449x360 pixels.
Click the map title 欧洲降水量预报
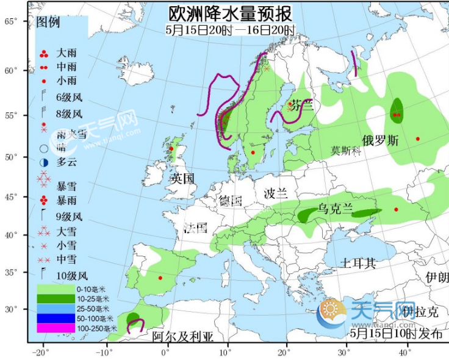(230, 13)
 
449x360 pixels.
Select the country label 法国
(196, 229)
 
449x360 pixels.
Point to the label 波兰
(275, 194)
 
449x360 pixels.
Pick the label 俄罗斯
(380, 140)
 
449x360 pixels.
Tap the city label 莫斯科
(347, 151)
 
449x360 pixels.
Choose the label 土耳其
(358, 264)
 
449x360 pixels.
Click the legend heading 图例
(48, 23)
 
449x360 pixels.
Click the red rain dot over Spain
(160, 278)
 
